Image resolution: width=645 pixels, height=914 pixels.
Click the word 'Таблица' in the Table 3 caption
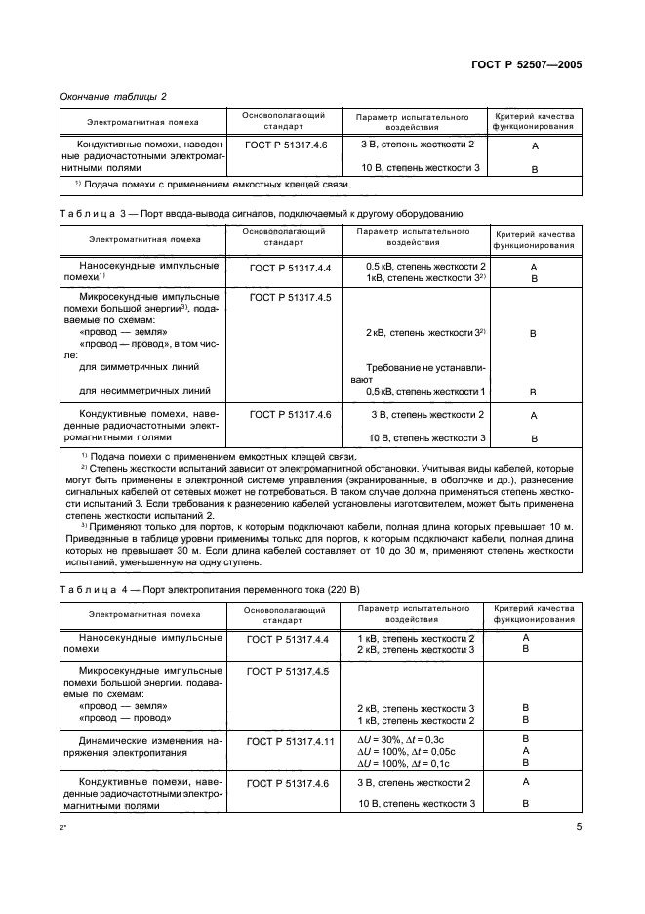tap(90, 212)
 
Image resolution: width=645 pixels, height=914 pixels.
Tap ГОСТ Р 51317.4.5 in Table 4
tap(290, 672)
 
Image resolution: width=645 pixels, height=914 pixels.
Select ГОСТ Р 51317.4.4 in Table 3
tap(290, 267)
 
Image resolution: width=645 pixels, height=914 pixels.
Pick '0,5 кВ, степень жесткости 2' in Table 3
tap(425, 266)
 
